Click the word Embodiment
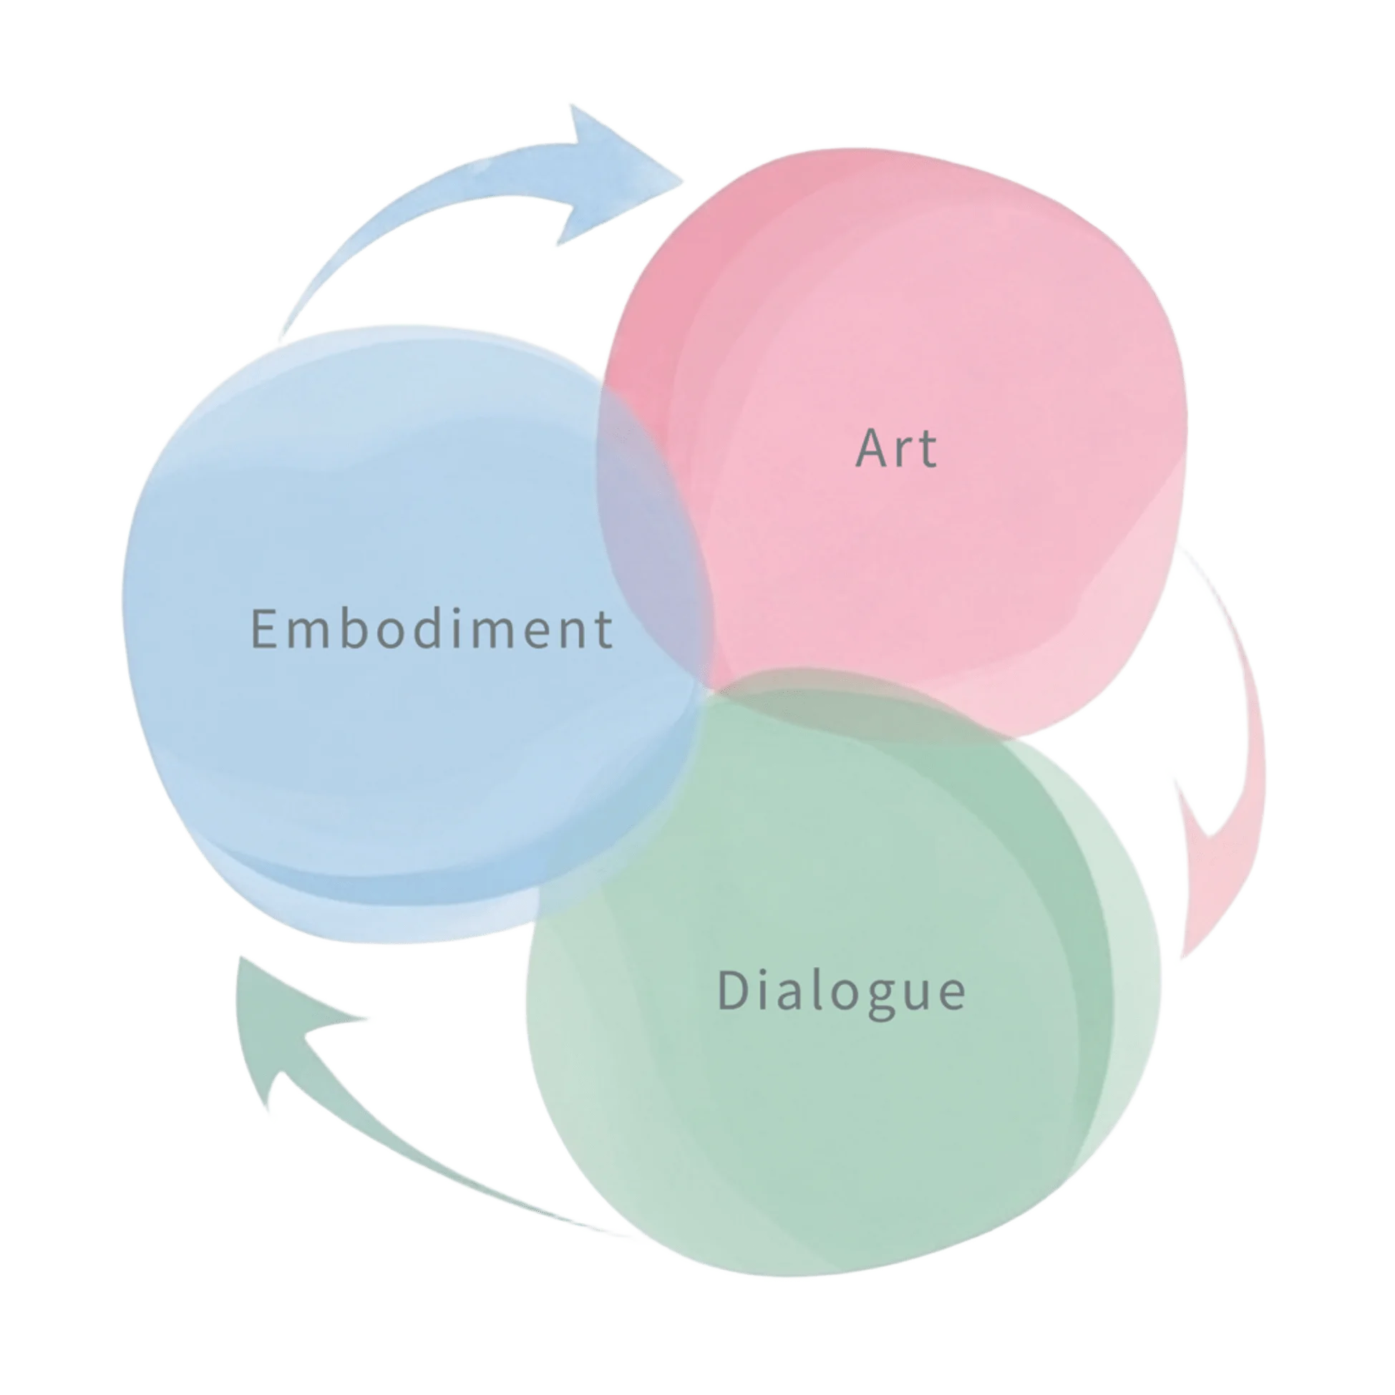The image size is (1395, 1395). coord(432,628)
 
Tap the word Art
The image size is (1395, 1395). coord(896,447)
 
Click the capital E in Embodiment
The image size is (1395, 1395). coord(263,628)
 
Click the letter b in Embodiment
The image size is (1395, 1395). coord(354,627)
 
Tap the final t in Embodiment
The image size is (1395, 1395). coord(604,631)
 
